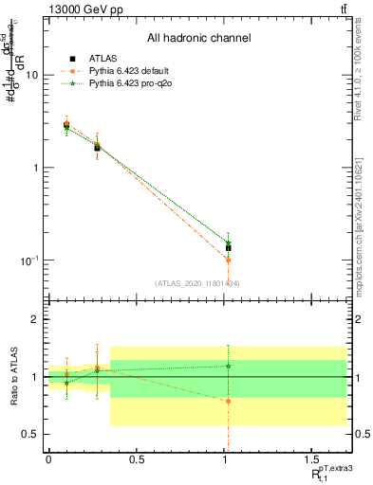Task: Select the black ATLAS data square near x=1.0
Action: (x=229, y=248)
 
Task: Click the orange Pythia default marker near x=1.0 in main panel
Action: (x=229, y=260)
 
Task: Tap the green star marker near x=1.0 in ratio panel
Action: (x=229, y=366)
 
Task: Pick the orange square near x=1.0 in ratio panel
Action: (x=229, y=401)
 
